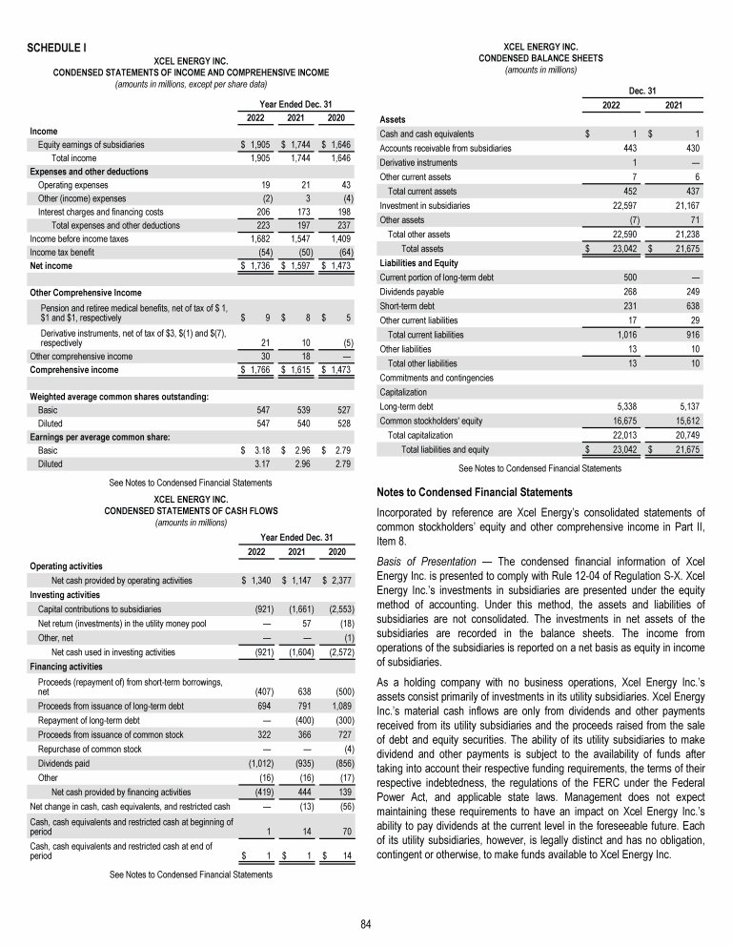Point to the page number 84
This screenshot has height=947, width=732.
pos(366,924)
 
